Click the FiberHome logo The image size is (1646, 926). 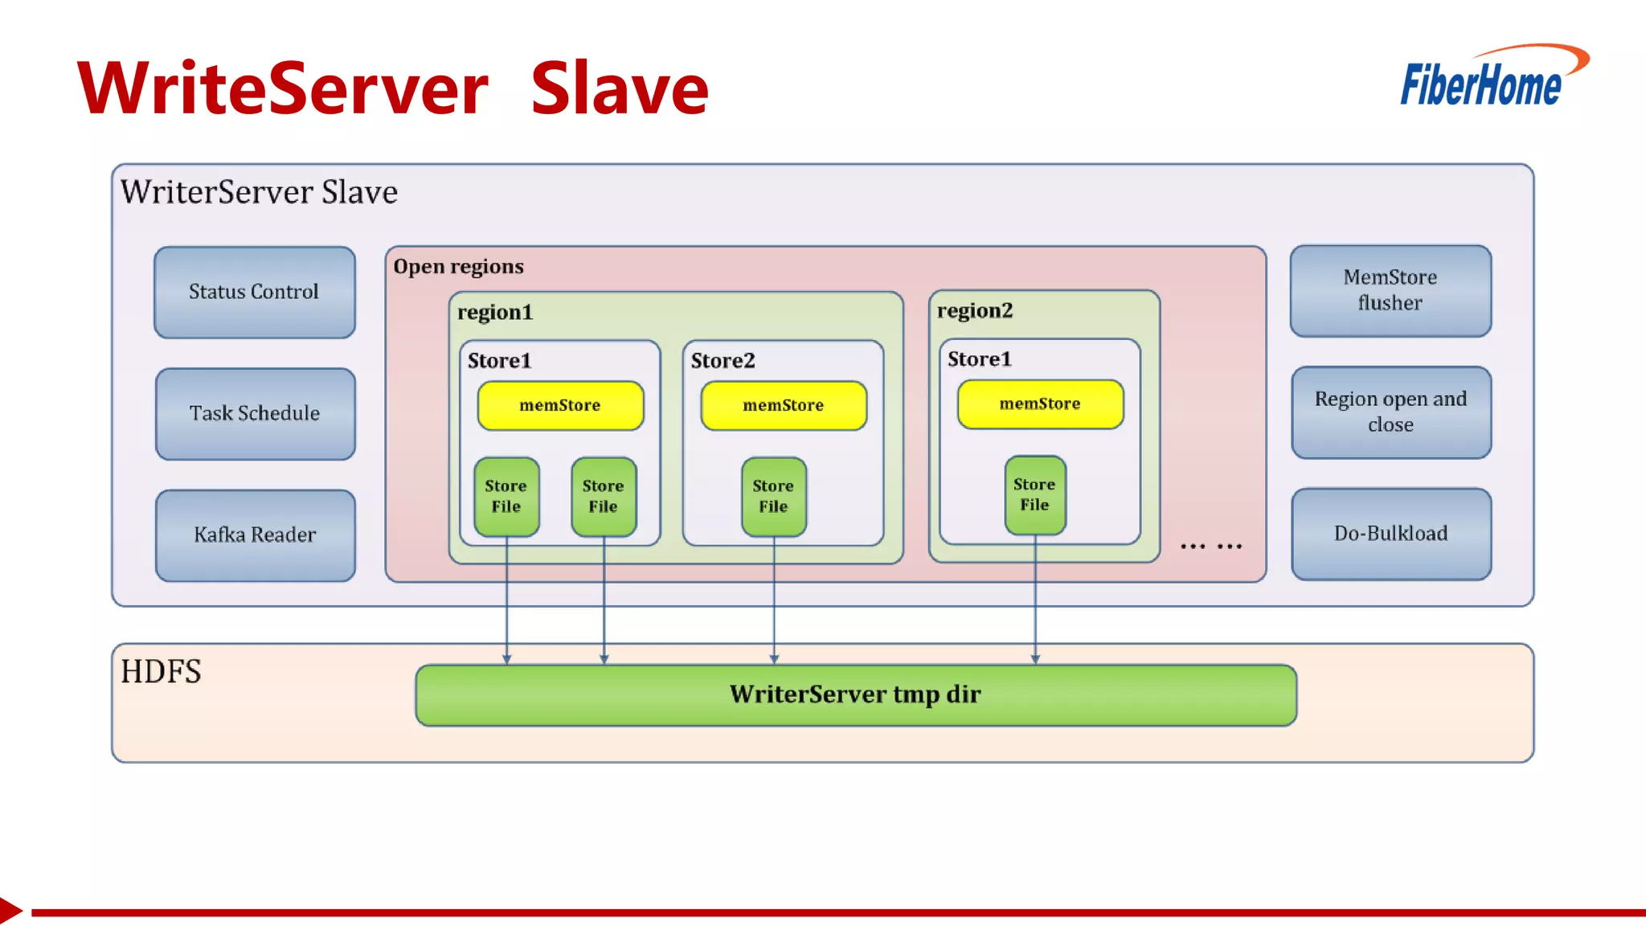pyautogui.click(x=1491, y=78)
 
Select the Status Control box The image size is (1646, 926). pyautogui.click(x=254, y=292)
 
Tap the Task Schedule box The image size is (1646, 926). pyautogui.click(x=255, y=413)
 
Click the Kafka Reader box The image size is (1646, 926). pyautogui.click(x=255, y=535)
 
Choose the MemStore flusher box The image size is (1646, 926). pyautogui.click(x=1390, y=290)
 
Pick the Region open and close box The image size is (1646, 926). pyautogui.click(x=1390, y=412)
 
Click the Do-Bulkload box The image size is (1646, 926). pyautogui.click(x=1390, y=533)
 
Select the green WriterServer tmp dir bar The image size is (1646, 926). pyautogui.click(x=855, y=694)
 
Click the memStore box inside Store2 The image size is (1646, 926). pyautogui.click(x=783, y=405)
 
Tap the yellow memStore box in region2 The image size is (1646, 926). pyautogui.click(x=1039, y=404)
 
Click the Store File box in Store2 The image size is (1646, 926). pyautogui.click(x=773, y=496)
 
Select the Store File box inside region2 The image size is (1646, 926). pyautogui.click(x=1034, y=494)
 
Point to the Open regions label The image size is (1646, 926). pyautogui.click(x=458, y=267)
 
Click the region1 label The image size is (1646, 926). pyautogui.click(x=494, y=312)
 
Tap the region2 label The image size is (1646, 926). pyautogui.click(x=974, y=310)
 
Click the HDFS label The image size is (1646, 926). pyautogui.click(x=161, y=671)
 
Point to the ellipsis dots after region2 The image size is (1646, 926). pyautogui.click(x=1210, y=547)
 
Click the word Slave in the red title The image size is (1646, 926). pyautogui.click(x=619, y=88)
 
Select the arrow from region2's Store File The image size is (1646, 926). pyautogui.click(x=1035, y=599)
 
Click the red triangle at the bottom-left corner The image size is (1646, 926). pyautogui.click(x=10, y=911)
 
